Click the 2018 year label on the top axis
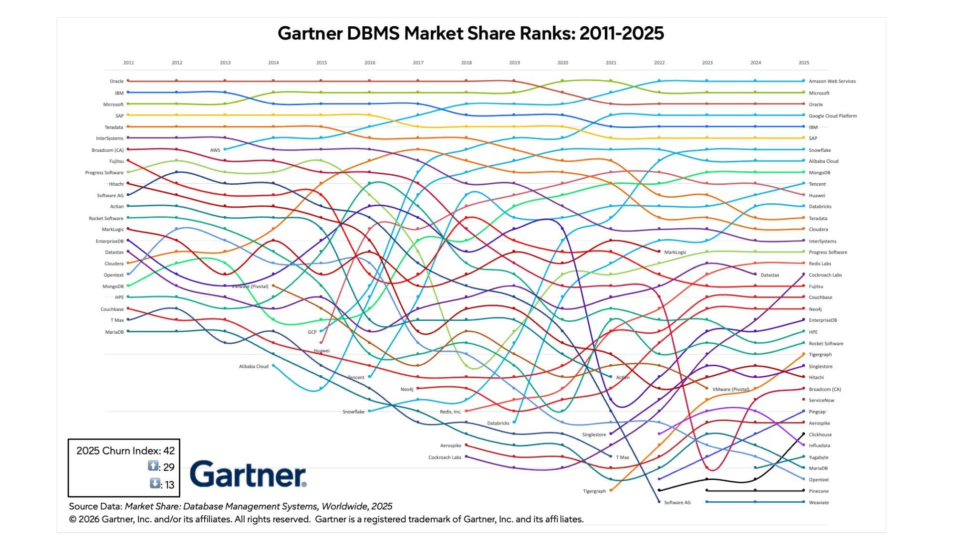click(x=466, y=63)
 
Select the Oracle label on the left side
click(x=116, y=81)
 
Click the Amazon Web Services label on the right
click(x=832, y=81)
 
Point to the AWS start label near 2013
click(x=215, y=150)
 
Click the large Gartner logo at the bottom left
click(x=248, y=474)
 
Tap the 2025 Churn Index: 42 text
click(x=125, y=451)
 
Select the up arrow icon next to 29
click(x=153, y=466)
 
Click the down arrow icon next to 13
click(x=155, y=483)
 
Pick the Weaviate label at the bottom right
click(x=819, y=502)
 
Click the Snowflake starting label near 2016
click(x=353, y=412)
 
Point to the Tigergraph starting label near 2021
click(x=594, y=491)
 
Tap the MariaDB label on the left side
click(x=114, y=332)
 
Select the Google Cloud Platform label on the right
click(x=832, y=116)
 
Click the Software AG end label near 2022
click(x=677, y=502)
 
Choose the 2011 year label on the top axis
click(x=128, y=63)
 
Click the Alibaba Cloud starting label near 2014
click(x=253, y=366)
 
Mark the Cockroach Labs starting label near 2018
click(x=445, y=457)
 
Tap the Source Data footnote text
click(x=230, y=506)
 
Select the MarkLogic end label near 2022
click(x=675, y=252)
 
